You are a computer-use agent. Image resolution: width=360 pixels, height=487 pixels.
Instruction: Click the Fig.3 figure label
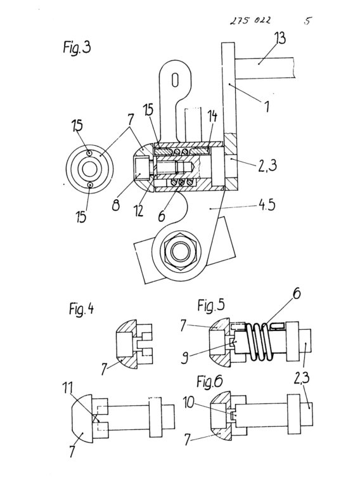coord(77,48)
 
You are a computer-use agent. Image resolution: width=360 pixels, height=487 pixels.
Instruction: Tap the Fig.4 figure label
coord(81,309)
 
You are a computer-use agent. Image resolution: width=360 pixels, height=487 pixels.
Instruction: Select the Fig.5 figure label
coord(210,305)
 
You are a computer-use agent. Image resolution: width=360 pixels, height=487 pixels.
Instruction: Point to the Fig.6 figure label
coord(210,381)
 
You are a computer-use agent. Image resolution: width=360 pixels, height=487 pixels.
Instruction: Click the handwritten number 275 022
coord(250,20)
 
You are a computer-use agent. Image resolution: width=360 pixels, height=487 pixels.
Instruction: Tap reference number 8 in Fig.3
coord(116,205)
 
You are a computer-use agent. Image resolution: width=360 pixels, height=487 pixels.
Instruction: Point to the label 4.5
coord(267,205)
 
